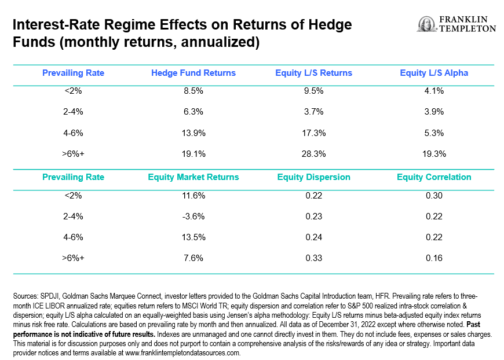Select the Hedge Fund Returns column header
(193, 73)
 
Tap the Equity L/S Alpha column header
(434, 73)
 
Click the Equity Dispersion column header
(313, 177)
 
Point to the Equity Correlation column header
(434, 177)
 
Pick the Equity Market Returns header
(193, 177)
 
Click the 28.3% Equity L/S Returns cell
(313, 154)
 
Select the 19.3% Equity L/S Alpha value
(434, 154)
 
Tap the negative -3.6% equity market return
(193, 216)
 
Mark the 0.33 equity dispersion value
(313, 258)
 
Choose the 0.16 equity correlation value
(434, 258)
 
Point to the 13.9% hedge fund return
(193, 133)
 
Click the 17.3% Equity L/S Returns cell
(313, 133)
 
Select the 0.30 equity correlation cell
(434, 196)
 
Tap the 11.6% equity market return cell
(193, 196)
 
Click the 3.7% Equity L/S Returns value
(313, 112)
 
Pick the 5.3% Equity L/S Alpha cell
(434, 133)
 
